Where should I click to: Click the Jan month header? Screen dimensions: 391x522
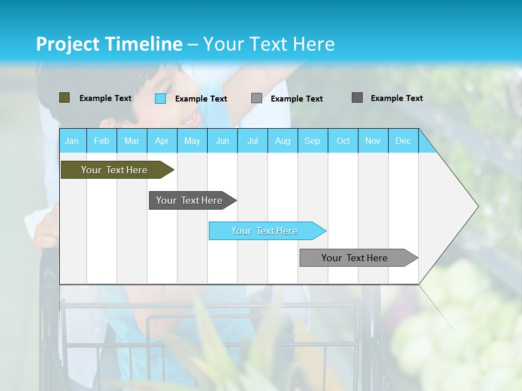tap(72, 141)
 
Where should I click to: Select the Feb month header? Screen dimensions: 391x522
tap(102, 141)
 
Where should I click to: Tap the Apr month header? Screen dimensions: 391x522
tap(161, 141)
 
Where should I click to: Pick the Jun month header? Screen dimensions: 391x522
tap(222, 141)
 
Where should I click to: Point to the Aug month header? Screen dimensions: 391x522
tap(282, 141)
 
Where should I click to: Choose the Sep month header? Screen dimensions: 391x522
tap(312, 141)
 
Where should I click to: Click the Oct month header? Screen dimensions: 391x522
tap(343, 141)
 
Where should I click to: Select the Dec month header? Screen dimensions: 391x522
tap(403, 141)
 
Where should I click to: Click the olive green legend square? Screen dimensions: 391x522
tap(64, 98)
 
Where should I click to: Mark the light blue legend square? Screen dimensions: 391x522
tap(160, 98)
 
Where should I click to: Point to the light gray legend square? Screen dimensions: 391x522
tap(257, 98)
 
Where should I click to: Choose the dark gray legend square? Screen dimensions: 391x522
tap(357, 98)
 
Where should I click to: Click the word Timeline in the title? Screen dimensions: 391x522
tap(144, 44)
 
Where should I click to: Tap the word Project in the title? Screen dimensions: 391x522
tap(67, 44)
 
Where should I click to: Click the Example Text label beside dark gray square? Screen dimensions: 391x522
tap(396, 98)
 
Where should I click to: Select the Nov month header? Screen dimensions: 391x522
tap(373, 141)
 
